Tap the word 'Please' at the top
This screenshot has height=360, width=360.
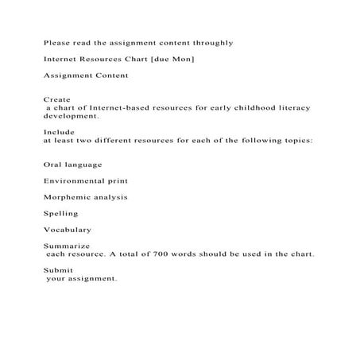click(58, 43)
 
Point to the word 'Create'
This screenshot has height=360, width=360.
click(58, 99)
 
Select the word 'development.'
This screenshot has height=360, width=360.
click(72, 115)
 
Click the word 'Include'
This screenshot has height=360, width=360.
click(60, 132)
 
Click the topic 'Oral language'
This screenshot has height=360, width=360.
click(73, 165)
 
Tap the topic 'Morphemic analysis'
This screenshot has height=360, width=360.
click(86, 197)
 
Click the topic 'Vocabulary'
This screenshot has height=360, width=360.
click(68, 230)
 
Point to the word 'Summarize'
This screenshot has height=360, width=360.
click(67, 246)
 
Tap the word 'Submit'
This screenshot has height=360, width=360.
click(59, 271)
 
